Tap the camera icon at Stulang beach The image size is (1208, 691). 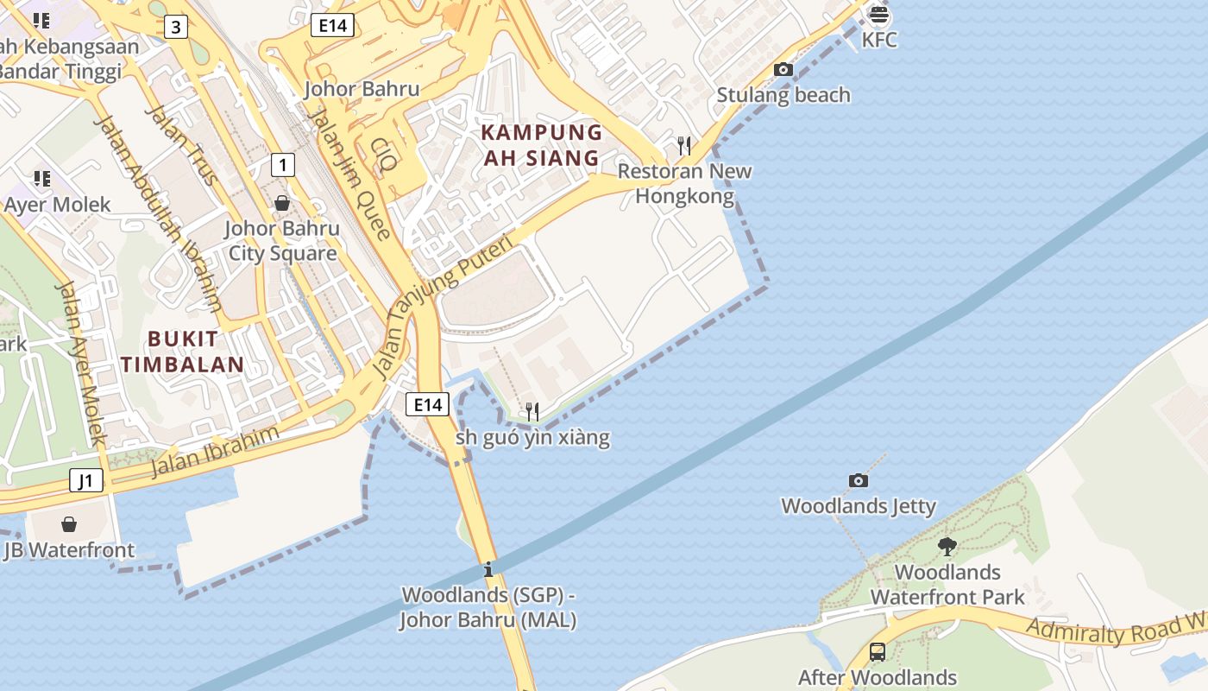coord(783,70)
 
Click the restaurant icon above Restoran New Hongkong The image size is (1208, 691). coord(684,144)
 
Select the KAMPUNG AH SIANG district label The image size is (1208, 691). coord(541,145)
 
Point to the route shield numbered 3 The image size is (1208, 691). coord(176,27)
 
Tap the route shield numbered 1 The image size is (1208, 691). coord(282,164)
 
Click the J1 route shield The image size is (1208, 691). coord(85,480)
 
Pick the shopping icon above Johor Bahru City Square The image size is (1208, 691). coord(281,204)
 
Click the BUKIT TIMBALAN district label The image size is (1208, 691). coord(183,352)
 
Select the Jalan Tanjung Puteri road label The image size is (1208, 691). coord(444,307)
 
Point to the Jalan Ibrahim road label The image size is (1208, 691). coord(215,451)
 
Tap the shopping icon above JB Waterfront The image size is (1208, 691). coord(69,524)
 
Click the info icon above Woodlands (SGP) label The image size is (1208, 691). coord(488,569)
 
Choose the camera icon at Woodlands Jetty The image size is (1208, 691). coord(858,480)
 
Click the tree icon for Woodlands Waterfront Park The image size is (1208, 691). coord(947,546)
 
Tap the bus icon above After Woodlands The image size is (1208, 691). coord(877,652)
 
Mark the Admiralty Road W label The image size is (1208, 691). coord(1117,630)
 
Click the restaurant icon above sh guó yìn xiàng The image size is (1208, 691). coord(532,411)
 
